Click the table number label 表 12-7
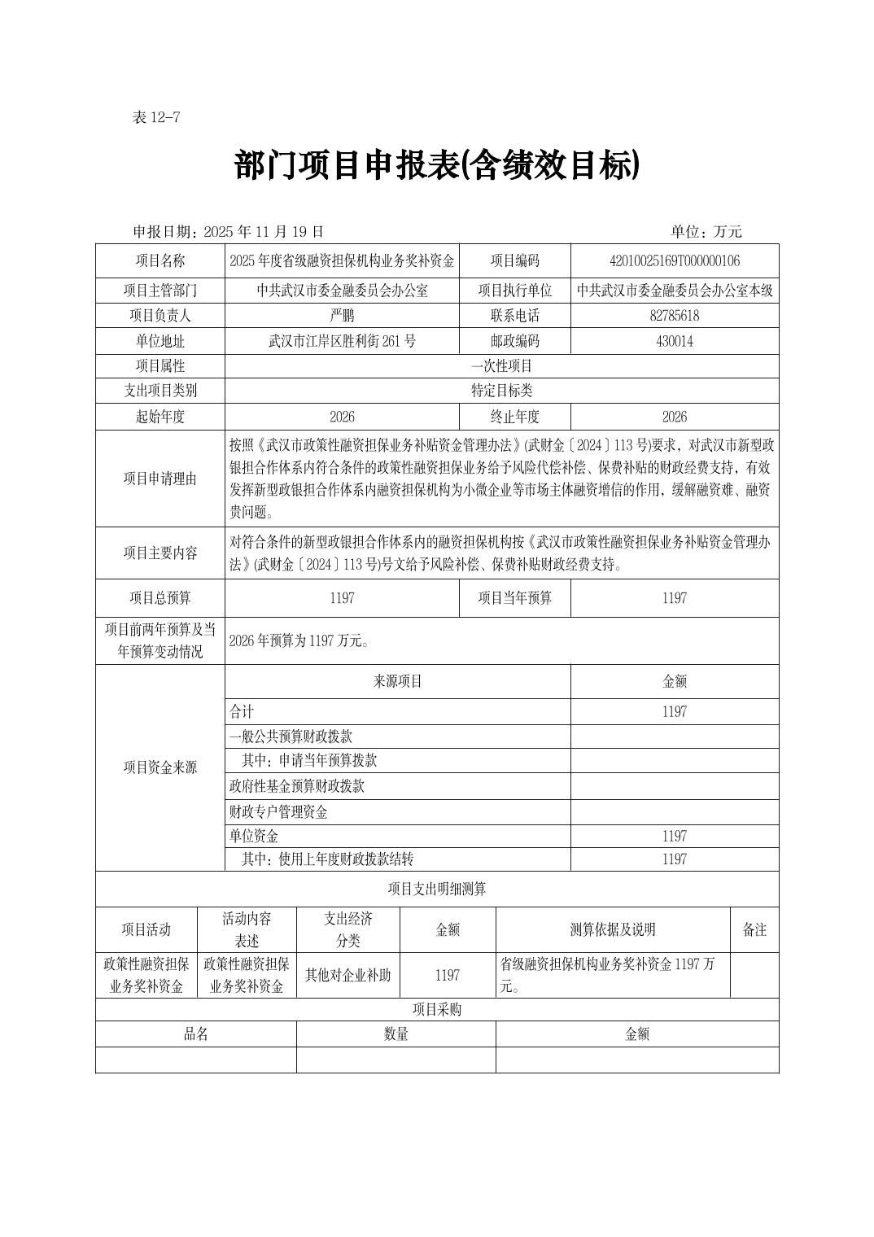155,117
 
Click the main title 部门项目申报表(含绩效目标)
437,166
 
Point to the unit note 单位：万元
706,232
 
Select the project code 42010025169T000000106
674,260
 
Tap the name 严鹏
342,316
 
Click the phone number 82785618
674,316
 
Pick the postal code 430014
674,341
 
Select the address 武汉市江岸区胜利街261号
342,341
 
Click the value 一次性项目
501,366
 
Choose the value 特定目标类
501,391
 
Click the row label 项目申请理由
160,479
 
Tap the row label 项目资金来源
160,767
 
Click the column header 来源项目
397,681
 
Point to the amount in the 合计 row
674,711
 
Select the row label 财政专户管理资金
278,811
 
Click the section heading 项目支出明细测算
437,889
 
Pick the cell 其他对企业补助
347,975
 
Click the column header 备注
754,929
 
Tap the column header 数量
395,1034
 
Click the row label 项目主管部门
160,290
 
